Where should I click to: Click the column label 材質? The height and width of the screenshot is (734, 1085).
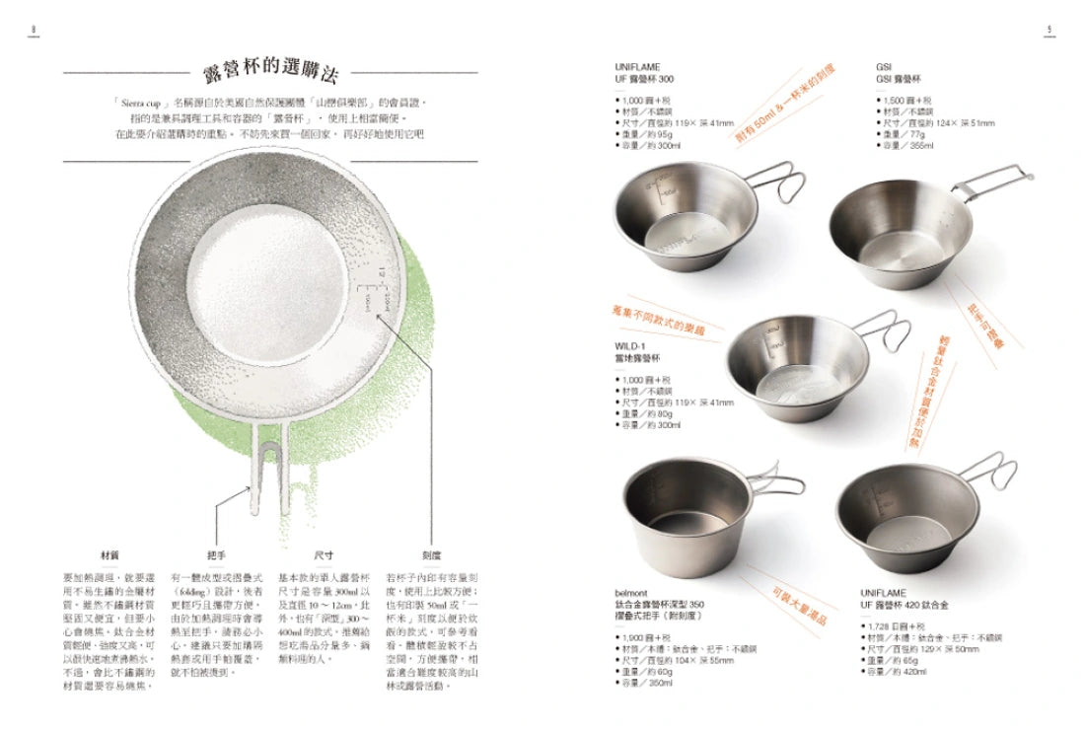click(110, 555)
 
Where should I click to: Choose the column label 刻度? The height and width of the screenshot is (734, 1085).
click(431, 555)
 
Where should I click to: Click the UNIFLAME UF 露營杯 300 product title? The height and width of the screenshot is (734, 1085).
click(645, 73)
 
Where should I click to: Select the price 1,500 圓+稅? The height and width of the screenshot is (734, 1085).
click(904, 101)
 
